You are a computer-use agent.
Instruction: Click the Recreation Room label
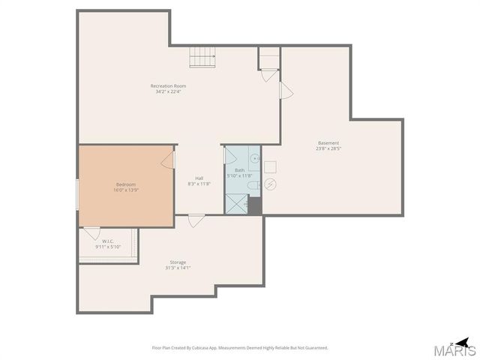click(x=168, y=86)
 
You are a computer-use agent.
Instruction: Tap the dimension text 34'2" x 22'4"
click(x=168, y=92)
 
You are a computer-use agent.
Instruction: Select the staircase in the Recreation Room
click(x=202, y=57)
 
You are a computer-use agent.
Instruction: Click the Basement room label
click(x=328, y=142)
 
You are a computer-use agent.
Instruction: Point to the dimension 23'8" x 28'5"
click(x=328, y=148)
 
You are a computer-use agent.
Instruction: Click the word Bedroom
click(x=126, y=184)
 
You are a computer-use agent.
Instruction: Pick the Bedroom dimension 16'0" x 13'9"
click(x=126, y=190)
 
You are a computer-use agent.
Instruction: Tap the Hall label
click(x=199, y=178)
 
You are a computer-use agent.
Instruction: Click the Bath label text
click(x=239, y=170)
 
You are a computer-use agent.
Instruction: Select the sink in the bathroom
click(x=254, y=158)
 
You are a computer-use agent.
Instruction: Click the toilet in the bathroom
click(x=253, y=185)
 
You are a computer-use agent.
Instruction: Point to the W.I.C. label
click(x=108, y=241)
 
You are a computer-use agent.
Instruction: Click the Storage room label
click(x=178, y=262)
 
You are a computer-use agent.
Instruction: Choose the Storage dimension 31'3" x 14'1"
click(x=178, y=268)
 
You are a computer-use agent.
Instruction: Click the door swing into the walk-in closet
click(x=91, y=232)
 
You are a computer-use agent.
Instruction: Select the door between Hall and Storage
click(x=196, y=220)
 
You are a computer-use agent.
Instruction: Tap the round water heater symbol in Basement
click(x=271, y=184)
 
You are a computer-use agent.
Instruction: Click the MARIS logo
click(x=454, y=348)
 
